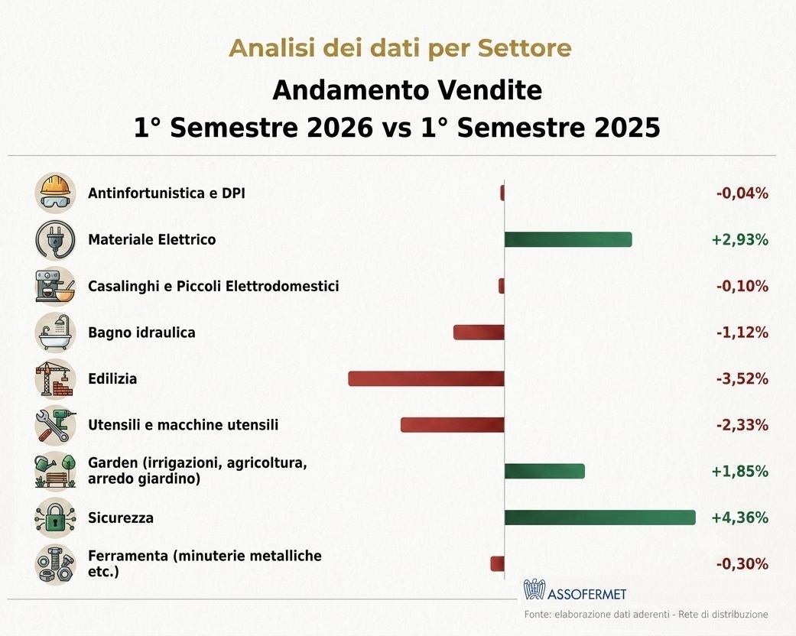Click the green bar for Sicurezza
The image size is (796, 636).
(600, 518)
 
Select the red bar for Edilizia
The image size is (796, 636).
(427, 378)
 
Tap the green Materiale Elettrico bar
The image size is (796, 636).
(568, 239)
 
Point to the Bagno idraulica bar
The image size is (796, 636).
(479, 333)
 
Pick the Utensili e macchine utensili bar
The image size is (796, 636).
(453, 425)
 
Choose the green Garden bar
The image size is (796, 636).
(544, 471)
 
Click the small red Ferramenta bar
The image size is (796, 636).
(498, 563)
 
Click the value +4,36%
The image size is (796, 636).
(739, 518)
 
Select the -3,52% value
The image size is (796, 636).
(742, 378)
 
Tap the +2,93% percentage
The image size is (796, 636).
(739, 239)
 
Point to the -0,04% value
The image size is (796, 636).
(742, 193)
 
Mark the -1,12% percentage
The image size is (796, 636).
(742, 333)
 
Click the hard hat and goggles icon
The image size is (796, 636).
(55, 193)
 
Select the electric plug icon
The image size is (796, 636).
(55, 239)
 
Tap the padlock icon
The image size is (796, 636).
(55, 518)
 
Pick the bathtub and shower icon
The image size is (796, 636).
(55, 333)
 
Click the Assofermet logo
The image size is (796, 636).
(575, 591)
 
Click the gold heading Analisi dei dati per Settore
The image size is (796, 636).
(400, 48)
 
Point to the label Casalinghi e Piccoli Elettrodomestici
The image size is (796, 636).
(213, 286)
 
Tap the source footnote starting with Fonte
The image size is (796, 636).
(646, 615)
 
